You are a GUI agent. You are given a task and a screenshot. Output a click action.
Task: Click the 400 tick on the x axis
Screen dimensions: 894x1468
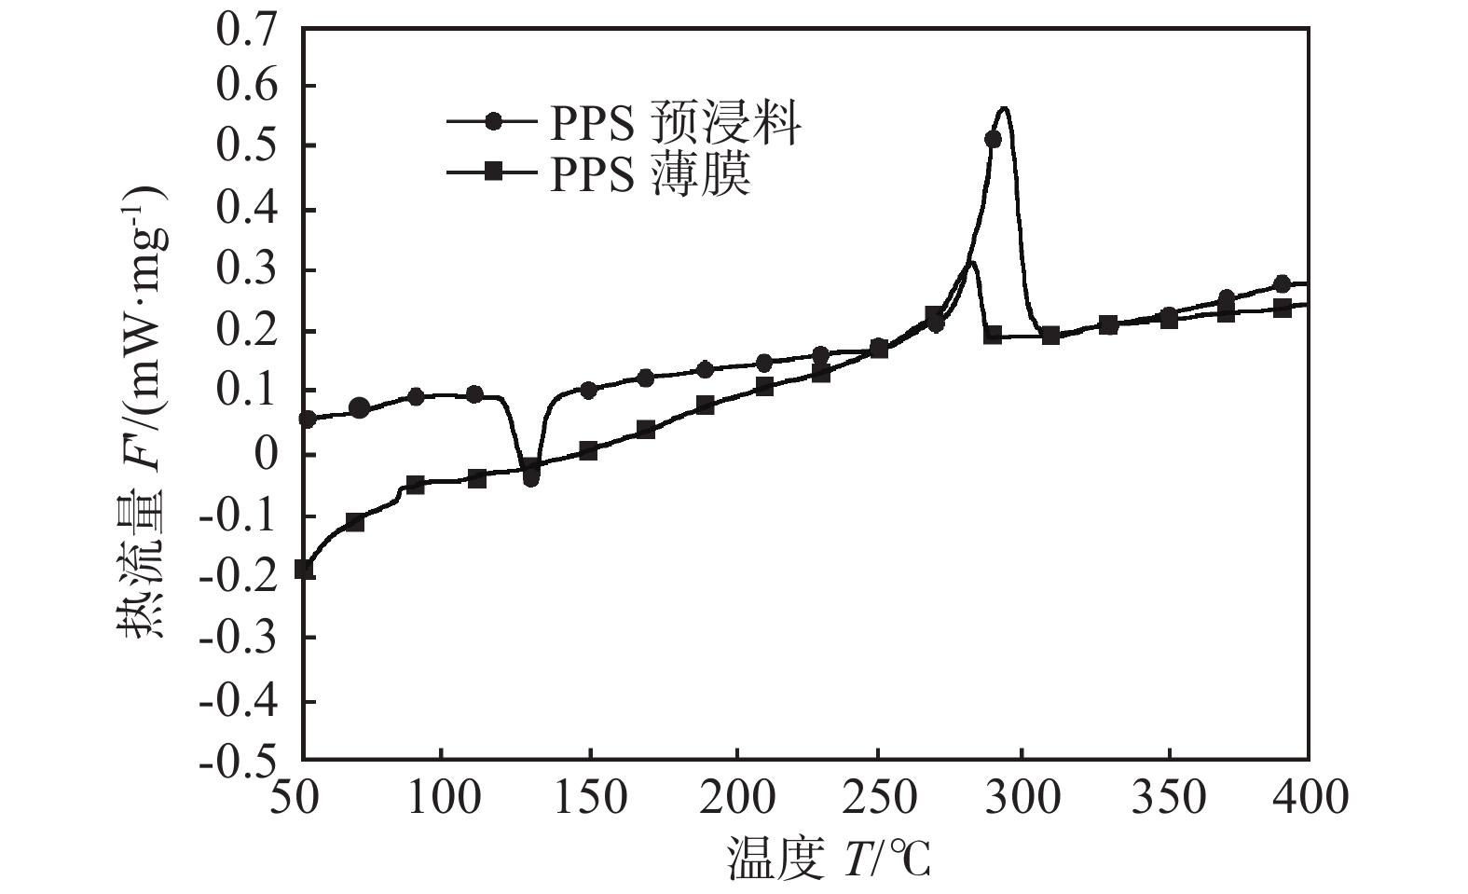1308,798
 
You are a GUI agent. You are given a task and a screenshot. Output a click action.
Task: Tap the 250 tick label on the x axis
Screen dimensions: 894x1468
878,798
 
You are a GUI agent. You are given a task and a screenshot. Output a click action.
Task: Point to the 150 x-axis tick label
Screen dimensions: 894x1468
589,798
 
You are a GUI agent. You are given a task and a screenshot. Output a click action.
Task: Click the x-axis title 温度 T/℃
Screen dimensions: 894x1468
829,860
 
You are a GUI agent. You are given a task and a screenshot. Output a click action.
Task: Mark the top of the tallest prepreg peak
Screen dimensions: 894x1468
1004,108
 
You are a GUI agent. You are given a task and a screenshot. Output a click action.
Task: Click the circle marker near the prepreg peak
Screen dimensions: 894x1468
993,139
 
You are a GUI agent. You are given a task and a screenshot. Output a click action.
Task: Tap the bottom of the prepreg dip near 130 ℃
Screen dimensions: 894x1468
530,478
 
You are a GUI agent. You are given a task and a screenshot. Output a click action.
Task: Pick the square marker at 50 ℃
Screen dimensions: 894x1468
304,569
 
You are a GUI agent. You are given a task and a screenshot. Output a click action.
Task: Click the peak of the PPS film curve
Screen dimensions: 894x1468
971,262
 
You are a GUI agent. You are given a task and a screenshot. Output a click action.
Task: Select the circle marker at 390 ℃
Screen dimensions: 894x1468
1282,283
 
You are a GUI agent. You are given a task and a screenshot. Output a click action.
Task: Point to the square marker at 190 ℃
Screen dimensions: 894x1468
706,405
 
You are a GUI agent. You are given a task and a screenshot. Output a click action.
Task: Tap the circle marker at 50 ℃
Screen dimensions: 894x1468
308,419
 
